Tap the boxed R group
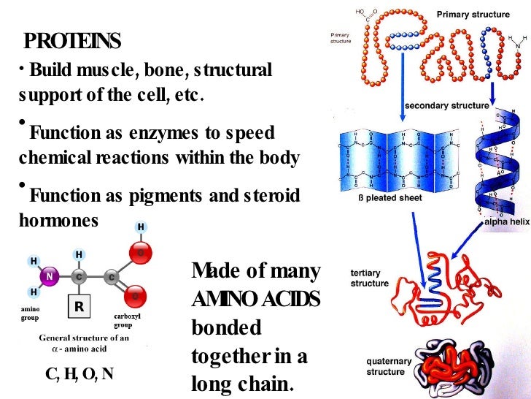[x=79, y=308]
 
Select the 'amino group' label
[x=31, y=313]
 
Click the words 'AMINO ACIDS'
[x=255, y=300]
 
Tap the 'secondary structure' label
[x=446, y=105]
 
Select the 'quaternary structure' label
[x=389, y=366]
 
